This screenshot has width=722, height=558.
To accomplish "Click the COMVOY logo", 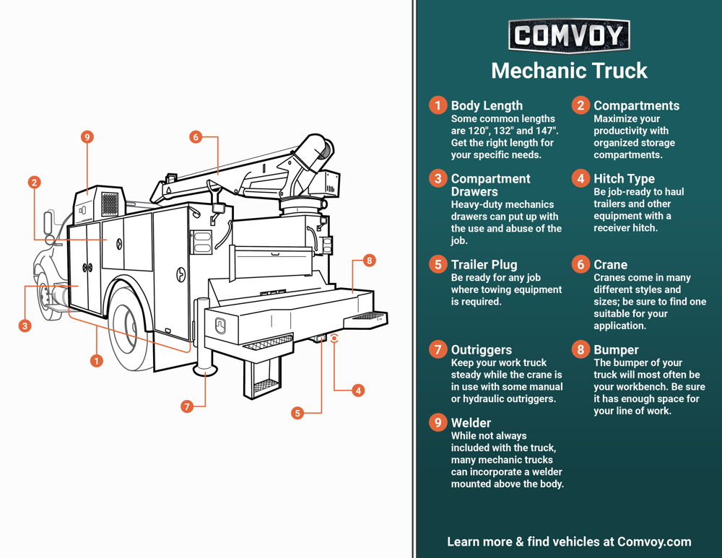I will pyautogui.click(x=569, y=35).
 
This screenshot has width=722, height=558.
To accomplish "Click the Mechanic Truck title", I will pyautogui.click(x=569, y=71).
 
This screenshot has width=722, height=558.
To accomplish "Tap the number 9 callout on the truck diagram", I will pyautogui.click(x=87, y=137).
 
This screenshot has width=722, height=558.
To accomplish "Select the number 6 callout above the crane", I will pyautogui.click(x=196, y=136).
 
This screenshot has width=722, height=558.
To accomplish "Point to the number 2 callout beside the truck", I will pyautogui.click(x=34, y=183).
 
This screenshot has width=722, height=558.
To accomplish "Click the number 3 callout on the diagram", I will pyautogui.click(x=25, y=326).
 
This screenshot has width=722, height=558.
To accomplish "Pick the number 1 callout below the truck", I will pyautogui.click(x=96, y=360).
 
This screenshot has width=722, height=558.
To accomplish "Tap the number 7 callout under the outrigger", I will pyautogui.click(x=187, y=406).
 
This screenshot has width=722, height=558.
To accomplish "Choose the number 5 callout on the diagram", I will pyautogui.click(x=297, y=413).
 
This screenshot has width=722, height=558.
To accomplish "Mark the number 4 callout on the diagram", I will pyautogui.click(x=357, y=391).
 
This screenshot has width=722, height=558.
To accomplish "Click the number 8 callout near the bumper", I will pyautogui.click(x=370, y=260).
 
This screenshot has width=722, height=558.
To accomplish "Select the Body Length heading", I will pyautogui.click(x=487, y=105).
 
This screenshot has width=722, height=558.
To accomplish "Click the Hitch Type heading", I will pyautogui.click(x=624, y=178).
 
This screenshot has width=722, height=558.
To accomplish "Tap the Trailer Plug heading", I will pyautogui.click(x=484, y=264).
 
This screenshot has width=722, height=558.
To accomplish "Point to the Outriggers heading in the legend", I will pyautogui.click(x=481, y=350).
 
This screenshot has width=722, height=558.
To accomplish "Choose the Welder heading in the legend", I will pyautogui.click(x=471, y=422).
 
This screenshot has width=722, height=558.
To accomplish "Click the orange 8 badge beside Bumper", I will pyautogui.click(x=581, y=350).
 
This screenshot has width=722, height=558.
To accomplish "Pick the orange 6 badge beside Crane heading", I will pyautogui.click(x=581, y=264).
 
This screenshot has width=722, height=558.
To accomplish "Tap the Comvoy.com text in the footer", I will pyautogui.click(x=654, y=541).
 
